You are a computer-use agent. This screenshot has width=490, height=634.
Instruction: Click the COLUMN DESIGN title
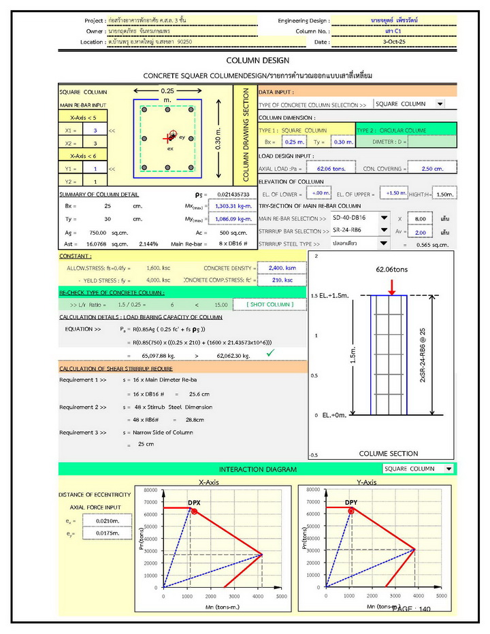[257, 61]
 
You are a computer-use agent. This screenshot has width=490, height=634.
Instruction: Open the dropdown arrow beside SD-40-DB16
[384, 218]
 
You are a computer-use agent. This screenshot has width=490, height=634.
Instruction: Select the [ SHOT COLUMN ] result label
[269, 304]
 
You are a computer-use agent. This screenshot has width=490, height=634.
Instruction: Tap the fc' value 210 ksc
[281, 280]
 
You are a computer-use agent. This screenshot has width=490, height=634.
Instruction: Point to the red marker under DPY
[352, 511]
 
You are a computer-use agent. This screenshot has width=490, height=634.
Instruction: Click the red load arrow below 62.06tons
[391, 288]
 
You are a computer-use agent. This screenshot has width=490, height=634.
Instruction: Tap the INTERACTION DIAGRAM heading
[257, 469]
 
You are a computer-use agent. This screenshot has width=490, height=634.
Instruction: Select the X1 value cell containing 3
[95, 130]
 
